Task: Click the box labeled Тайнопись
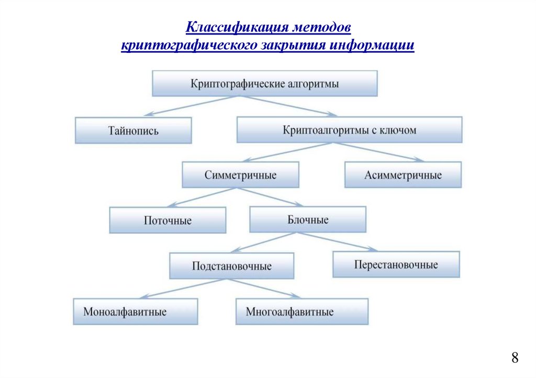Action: pyautogui.click(x=133, y=130)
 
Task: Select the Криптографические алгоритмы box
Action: pyautogui.click(x=264, y=84)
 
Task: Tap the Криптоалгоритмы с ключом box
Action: pyautogui.click(x=349, y=130)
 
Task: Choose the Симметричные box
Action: pyautogui.click(x=240, y=175)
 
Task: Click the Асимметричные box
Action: pyautogui.click(x=403, y=175)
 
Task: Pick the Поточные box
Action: pyautogui.click(x=167, y=220)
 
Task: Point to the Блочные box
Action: pyautogui.click(x=308, y=220)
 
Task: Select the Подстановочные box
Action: pyautogui.click(x=231, y=266)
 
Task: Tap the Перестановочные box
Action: pyautogui.click(x=396, y=265)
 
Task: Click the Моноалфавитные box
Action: pyautogui.click(x=135, y=312)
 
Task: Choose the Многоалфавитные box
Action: pyautogui.click(x=301, y=312)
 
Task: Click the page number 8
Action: pyautogui.click(x=515, y=358)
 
